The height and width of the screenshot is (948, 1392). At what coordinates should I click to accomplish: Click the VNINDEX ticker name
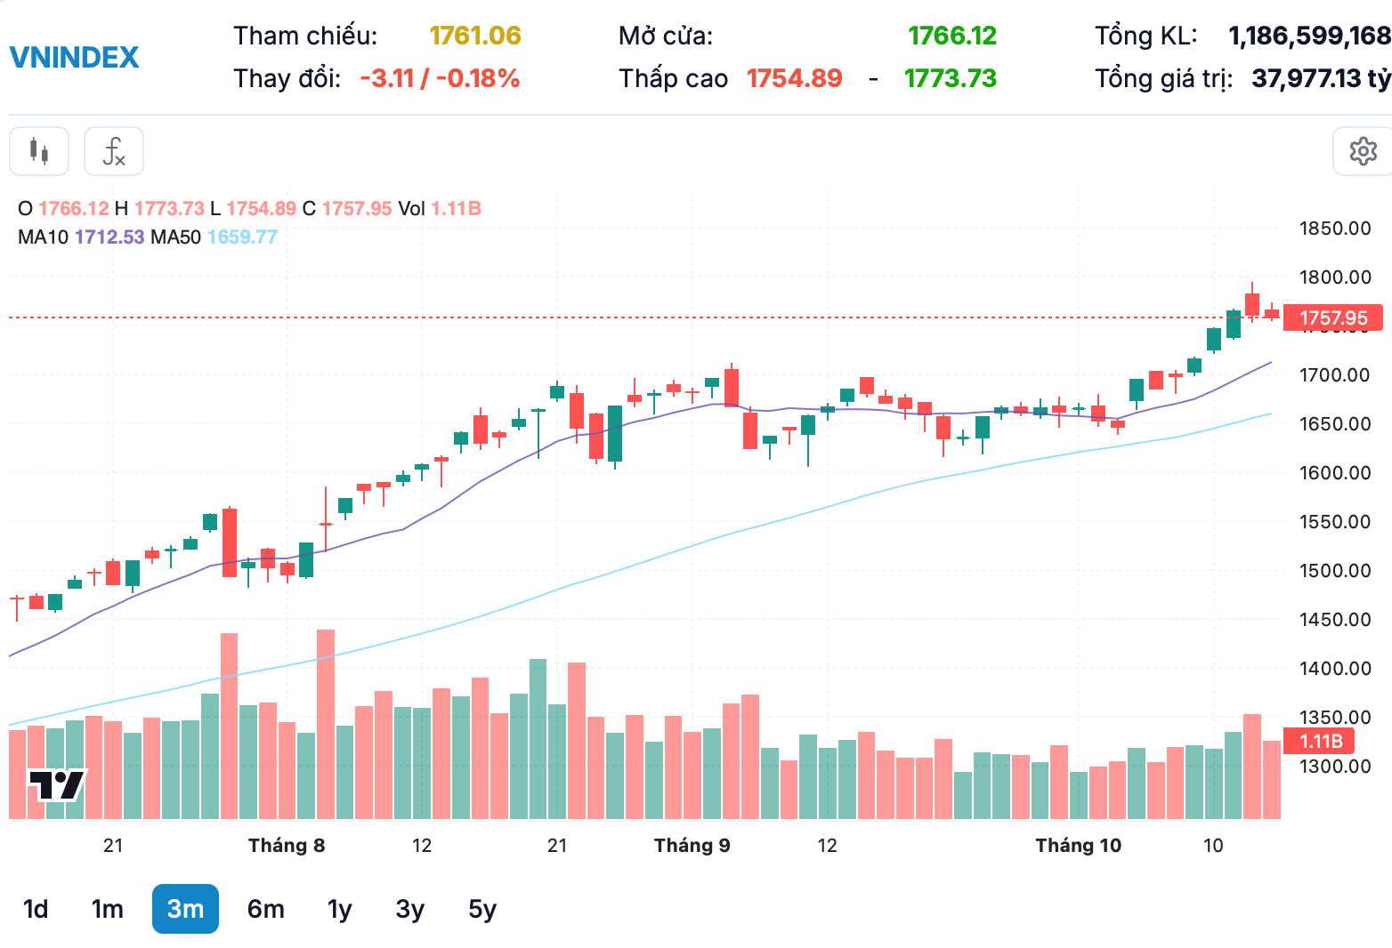coord(74,58)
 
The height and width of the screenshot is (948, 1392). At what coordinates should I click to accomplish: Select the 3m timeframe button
coord(185,909)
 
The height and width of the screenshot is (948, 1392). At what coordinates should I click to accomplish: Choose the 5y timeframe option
coord(482,910)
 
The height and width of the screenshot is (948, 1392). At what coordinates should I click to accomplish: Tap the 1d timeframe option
coord(36,909)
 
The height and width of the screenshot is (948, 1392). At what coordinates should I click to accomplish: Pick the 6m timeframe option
coord(265,909)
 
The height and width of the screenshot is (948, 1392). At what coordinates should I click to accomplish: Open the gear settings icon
coord(1363,151)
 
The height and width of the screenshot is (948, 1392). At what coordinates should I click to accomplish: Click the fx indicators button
coord(114,151)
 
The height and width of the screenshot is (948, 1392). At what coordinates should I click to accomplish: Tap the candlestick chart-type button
coord(39,151)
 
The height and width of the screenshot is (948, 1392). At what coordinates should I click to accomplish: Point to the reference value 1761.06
coord(474,36)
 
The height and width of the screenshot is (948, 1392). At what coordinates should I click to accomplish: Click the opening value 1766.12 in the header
coord(952,36)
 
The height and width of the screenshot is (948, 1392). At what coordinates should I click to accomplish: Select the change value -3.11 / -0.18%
coord(440,79)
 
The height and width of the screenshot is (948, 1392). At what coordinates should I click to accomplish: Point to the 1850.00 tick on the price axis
coord(1335,229)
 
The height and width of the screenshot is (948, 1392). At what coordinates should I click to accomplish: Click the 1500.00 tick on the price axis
coord(1335,571)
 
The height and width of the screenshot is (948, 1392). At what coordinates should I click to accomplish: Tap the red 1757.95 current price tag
coord(1332,317)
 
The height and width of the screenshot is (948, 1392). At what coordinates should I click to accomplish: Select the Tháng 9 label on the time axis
coord(692,846)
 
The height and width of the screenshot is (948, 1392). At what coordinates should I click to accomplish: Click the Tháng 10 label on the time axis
coord(1078,846)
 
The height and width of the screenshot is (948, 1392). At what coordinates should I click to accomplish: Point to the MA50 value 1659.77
coord(242,237)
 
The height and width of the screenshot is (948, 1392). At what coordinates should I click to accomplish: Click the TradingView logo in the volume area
coord(56,785)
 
